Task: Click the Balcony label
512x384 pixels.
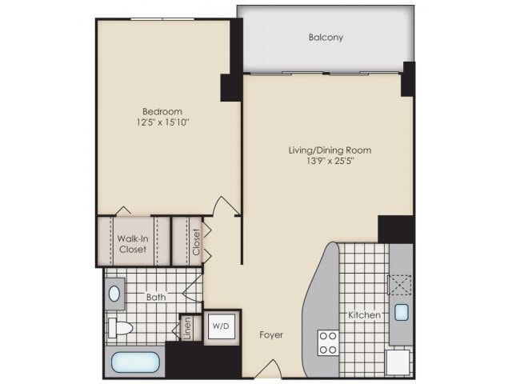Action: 326,38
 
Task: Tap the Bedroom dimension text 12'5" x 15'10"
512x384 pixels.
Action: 162,122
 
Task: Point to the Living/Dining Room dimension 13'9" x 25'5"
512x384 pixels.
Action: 330,161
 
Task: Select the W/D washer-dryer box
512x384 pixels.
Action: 222,326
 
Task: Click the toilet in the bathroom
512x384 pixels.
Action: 120,328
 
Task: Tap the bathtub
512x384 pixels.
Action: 135,362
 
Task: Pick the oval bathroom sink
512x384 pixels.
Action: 114,294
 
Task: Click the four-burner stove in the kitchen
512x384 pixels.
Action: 328,342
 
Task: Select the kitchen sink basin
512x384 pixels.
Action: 401,312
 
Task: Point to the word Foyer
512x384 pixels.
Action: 271,334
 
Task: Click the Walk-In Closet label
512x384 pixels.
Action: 133,244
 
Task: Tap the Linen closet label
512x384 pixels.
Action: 187,328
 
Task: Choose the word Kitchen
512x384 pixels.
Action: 364,315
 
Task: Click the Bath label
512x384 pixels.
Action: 156,297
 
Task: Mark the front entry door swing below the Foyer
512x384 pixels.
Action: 269,369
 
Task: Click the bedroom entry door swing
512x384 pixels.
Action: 226,206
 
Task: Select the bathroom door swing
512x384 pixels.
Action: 193,288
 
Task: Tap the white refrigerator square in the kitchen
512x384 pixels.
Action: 398,362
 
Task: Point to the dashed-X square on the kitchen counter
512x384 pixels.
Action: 400,285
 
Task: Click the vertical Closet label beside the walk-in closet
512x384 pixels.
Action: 196,242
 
